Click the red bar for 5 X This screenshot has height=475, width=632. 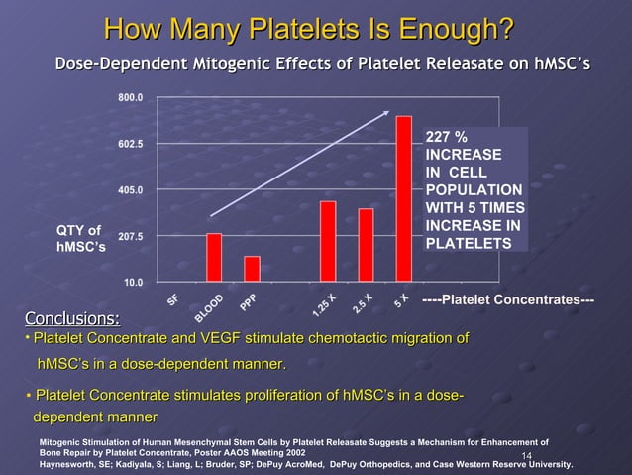point(403,198)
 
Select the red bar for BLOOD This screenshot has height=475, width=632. point(214,257)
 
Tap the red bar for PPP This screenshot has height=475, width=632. point(252,269)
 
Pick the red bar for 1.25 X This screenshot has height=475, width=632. point(328,241)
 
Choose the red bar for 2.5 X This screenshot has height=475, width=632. point(366,245)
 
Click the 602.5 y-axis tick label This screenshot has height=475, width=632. point(131,144)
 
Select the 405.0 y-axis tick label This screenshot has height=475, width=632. point(131,190)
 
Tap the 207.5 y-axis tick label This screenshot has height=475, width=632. point(131,237)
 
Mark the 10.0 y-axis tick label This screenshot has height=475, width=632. point(134,283)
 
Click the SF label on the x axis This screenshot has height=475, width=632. point(174,298)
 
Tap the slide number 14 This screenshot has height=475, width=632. point(527,456)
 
